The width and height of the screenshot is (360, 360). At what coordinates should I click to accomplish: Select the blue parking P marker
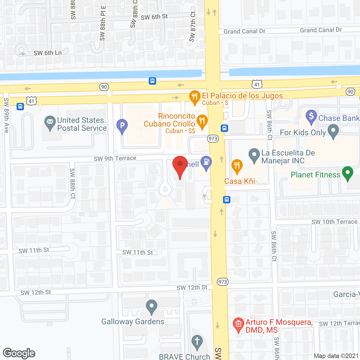coord(122,125)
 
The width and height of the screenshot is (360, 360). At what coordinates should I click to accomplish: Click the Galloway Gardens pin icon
coord(152,306)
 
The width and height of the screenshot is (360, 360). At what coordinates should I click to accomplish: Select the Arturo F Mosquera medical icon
coord(238,324)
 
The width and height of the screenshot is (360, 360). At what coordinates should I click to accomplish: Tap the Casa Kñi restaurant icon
coord(237,166)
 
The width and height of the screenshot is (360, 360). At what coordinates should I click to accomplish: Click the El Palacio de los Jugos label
coord(242,96)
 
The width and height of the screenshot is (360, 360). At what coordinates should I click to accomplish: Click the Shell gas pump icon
coord(206,163)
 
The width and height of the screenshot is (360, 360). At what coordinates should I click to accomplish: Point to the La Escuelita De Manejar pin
coord(254,155)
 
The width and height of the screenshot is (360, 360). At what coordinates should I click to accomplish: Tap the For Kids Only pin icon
coord(333,131)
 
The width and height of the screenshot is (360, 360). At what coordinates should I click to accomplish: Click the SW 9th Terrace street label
coord(115,159)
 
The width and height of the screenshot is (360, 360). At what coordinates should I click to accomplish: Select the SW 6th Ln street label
coord(48,53)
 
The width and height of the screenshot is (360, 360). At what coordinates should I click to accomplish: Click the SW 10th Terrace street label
coord(334,222)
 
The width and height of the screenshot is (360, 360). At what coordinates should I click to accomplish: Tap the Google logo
coord(19,353)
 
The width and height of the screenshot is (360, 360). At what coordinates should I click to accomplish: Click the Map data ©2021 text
coord(336,356)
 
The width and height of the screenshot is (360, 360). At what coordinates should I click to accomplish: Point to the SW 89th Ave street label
coord(6,115)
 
